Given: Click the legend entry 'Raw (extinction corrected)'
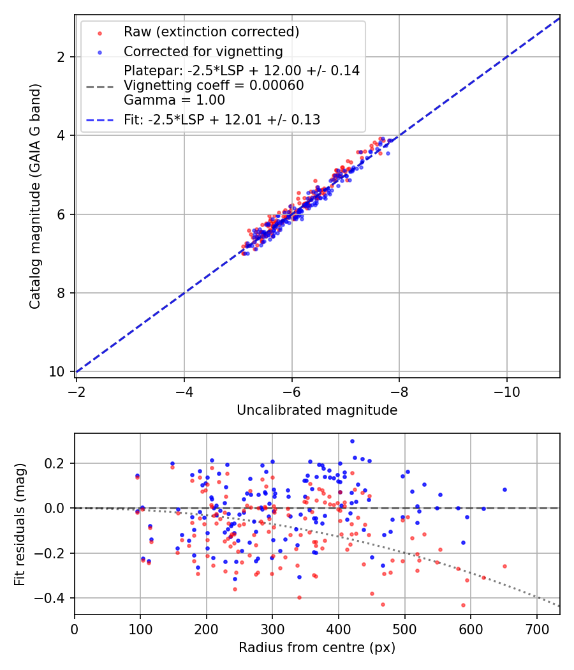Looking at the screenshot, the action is (211, 32).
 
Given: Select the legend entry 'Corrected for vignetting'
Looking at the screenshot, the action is (203, 51).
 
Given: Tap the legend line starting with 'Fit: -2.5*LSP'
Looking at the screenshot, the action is (222, 120).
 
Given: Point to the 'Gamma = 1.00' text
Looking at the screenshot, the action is (174, 100).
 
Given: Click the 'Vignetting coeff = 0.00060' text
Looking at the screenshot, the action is (214, 86).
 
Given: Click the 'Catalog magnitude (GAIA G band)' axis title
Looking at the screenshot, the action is (34, 196).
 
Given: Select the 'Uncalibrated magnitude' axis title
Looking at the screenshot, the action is (317, 410).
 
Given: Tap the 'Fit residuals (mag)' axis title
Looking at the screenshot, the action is (20, 525).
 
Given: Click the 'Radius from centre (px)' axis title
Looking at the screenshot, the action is (317, 648).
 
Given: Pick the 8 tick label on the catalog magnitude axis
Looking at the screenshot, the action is (61, 293).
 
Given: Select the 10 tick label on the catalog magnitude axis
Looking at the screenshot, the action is (57, 372).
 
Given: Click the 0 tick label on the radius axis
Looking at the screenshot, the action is (75, 629).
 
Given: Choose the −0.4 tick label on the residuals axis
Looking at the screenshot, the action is (50, 599).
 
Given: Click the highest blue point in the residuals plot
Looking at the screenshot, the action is (352, 442).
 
